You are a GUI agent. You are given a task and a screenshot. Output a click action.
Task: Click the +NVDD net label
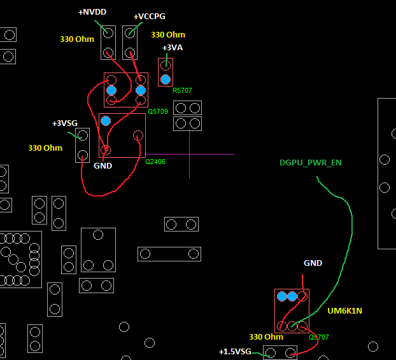[92, 12]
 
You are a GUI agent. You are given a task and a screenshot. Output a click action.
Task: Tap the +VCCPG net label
[149, 17]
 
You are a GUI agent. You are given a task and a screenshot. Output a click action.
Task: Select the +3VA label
[173, 48]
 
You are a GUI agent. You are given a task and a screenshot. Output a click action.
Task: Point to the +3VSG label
[65, 123]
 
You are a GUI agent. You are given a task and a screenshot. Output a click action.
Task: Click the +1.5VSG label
[235, 352]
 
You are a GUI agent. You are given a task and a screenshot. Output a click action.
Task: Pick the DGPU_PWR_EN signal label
[311, 163]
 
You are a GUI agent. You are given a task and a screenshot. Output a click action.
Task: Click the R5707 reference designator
[182, 90]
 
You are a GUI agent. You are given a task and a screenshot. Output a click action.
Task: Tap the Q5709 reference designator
[158, 111]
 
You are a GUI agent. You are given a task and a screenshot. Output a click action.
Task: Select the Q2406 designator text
[155, 162]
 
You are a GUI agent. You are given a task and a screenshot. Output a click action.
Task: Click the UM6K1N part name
[344, 311]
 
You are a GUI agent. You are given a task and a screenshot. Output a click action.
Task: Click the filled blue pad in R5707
[166, 80]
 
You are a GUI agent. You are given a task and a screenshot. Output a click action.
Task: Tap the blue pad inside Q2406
[106, 121]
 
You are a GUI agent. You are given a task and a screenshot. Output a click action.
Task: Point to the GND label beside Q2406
[103, 166]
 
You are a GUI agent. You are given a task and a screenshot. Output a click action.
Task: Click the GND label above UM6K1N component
[313, 263]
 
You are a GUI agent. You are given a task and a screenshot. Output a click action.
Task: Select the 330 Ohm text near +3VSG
[45, 148]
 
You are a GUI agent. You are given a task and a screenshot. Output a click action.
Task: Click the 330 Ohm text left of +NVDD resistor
[77, 39]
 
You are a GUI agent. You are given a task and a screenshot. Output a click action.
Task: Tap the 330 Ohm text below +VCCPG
[168, 35]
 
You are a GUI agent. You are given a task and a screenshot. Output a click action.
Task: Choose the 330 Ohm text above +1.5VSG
[266, 337]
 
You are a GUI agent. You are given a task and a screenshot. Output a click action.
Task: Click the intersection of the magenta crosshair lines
[190, 154]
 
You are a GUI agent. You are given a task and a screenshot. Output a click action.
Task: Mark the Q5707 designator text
[319, 337]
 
